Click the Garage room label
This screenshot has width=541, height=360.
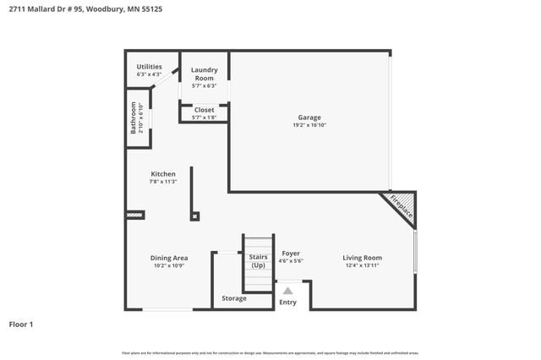(x=309, y=117)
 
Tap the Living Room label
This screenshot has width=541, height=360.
(x=362, y=258)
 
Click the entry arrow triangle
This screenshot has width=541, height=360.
(x=287, y=291)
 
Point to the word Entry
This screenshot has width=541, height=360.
(x=288, y=303)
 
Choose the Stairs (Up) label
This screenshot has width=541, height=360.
(x=258, y=261)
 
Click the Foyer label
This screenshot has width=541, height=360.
(x=290, y=253)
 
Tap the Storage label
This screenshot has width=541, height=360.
(x=234, y=298)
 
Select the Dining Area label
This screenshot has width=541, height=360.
(x=170, y=258)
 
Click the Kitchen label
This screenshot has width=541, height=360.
(x=163, y=174)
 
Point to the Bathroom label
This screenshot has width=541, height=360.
(x=134, y=117)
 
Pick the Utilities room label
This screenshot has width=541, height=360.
(x=150, y=67)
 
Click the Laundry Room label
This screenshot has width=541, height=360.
(x=204, y=74)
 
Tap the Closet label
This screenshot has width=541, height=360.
(x=204, y=110)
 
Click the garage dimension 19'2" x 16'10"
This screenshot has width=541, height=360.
(x=309, y=125)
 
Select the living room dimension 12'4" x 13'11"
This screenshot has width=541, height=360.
(x=362, y=266)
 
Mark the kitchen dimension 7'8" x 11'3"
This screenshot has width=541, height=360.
(x=163, y=182)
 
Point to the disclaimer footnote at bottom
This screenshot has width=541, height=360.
(x=270, y=352)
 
